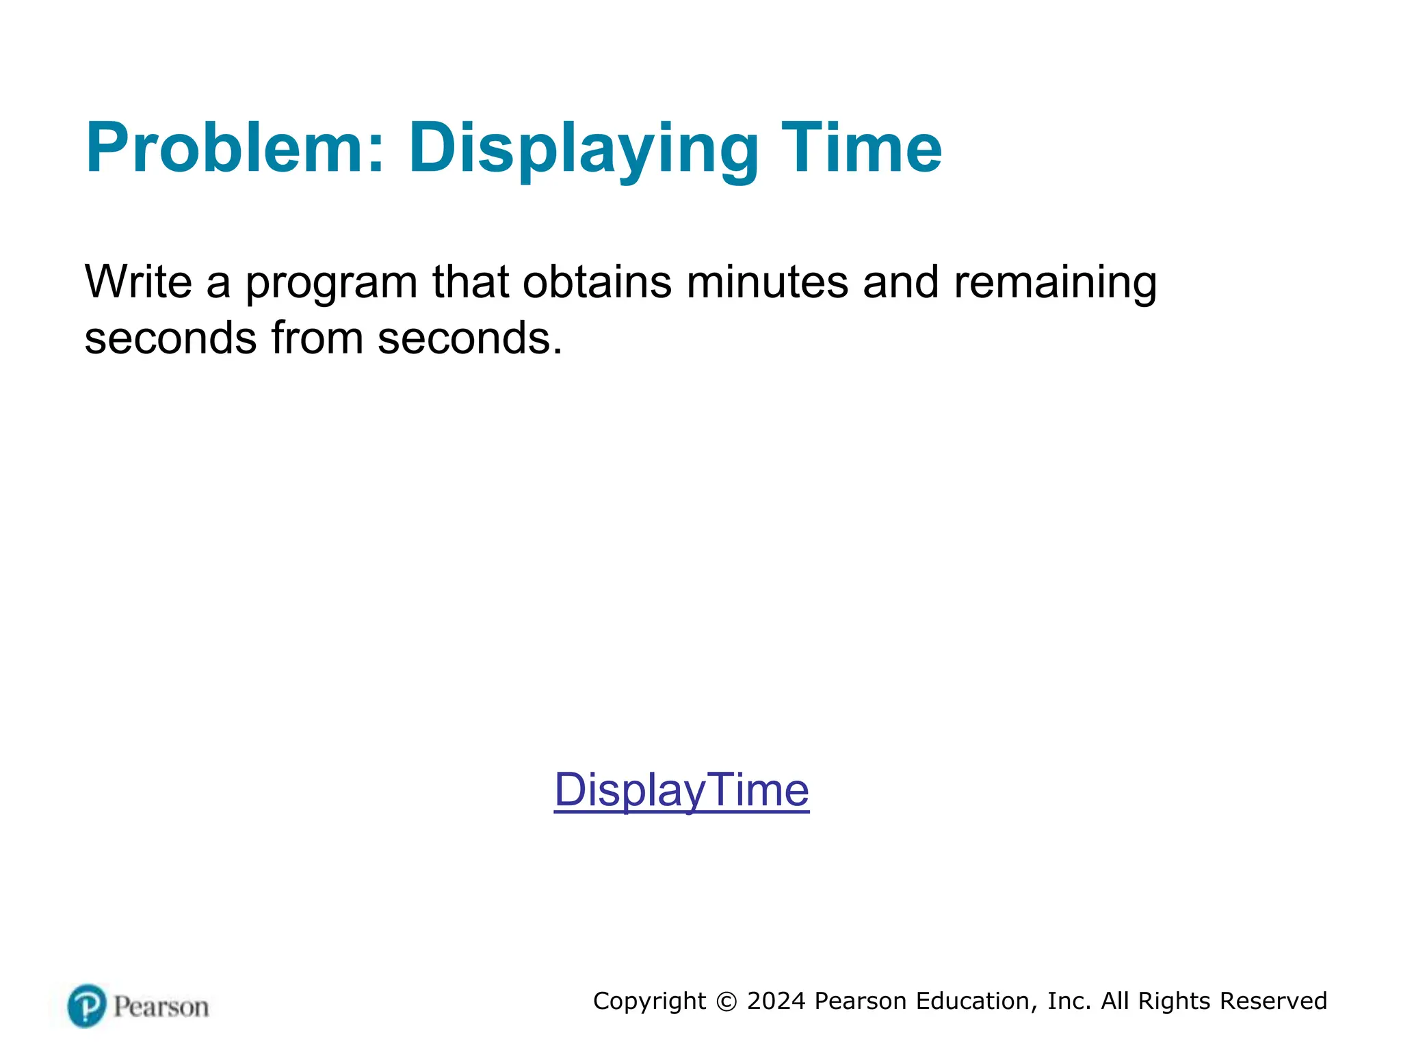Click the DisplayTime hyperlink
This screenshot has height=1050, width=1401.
point(681,790)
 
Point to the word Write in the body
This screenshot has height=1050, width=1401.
point(138,282)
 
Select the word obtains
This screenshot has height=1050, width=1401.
point(597,282)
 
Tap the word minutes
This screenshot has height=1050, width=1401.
point(767,282)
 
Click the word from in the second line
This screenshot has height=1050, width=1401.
point(317,338)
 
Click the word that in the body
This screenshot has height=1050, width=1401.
point(471,282)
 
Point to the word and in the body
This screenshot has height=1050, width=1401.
point(900,282)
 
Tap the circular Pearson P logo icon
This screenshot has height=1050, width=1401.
point(87,1006)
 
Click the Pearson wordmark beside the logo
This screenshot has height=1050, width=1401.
point(161,1007)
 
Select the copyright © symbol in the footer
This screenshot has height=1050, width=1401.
point(726,1001)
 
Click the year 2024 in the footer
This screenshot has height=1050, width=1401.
point(776,1001)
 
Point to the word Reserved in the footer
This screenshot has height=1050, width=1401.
point(1273,1001)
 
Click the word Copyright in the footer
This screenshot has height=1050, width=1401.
point(649,1001)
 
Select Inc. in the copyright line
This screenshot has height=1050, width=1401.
point(1069,1001)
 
